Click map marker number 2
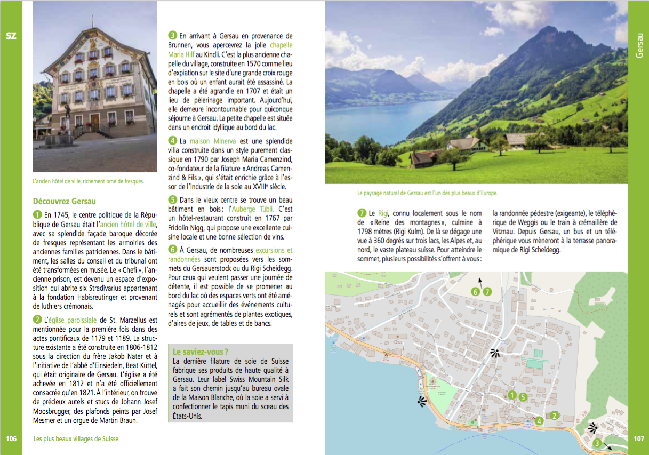click(x=554, y=416)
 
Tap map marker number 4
click(x=540, y=421)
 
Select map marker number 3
click(x=597, y=443)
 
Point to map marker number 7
click(x=486, y=292)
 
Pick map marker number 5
click(x=523, y=396)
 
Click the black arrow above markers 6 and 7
click(x=480, y=281)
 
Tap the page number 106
click(x=11, y=438)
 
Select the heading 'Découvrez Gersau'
click(x=64, y=201)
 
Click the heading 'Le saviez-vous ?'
click(x=200, y=352)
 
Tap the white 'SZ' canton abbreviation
click(x=11, y=36)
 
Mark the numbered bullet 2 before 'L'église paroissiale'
click(x=37, y=320)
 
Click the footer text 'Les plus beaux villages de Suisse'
click(x=76, y=438)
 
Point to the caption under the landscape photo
click(x=430, y=193)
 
